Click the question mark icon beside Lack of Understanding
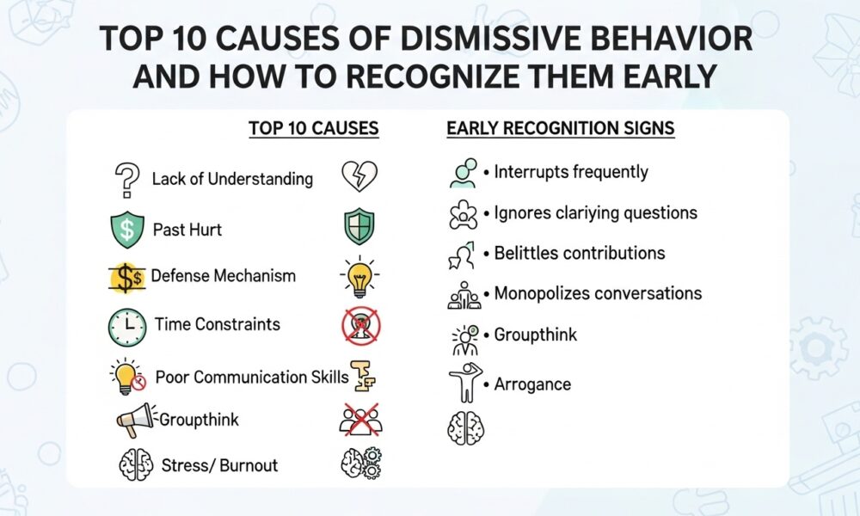pyautogui.click(x=126, y=180)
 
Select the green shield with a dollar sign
pyautogui.click(x=126, y=230)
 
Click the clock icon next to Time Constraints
pyautogui.click(x=126, y=326)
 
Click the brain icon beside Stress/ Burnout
pyautogui.click(x=134, y=466)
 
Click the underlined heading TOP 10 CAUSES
pyautogui.click(x=314, y=129)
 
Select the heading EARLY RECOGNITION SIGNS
pyautogui.click(x=560, y=129)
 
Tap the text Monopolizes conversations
pyautogui.click(x=598, y=293)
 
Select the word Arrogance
pyautogui.click(x=532, y=384)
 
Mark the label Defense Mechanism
pyautogui.click(x=224, y=276)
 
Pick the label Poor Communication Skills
pyautogui.click(x=251, y=377)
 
